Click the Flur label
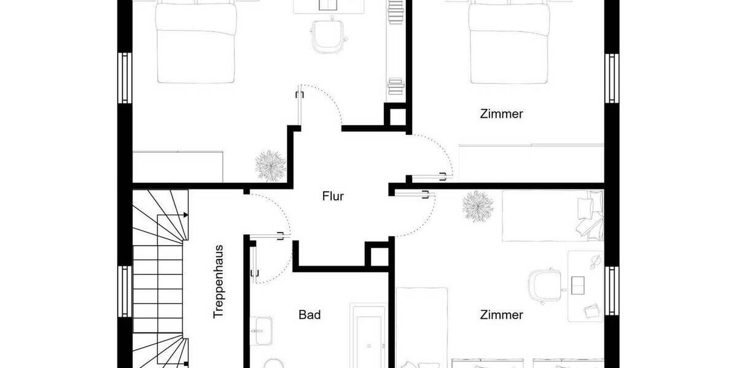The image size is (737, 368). pyautogui.click(x=333, y=197)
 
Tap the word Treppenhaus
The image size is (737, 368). pyautogui.click(x=218, y=282)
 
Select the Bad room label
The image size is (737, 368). pyautogui.click(x=310, y=315)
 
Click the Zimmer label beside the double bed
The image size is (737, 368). pyautogui.click(x=501, y=113)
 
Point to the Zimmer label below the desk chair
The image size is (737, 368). pyautogui.click(x=501, y=315)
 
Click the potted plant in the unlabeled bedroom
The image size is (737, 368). pyautogui.click(x=270, y=164)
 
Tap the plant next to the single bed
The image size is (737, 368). pyautogui.click(x=477, y=206)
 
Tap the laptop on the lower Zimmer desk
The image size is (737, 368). pyautogui.click(x=579, y=285)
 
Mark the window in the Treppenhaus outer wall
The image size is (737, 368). pyautogui.click(x=125, y=291)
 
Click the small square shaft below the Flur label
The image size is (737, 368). pyautogui.click(x=377, y=253)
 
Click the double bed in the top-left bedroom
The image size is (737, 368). pyautogui.click(x=196, y=43)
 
